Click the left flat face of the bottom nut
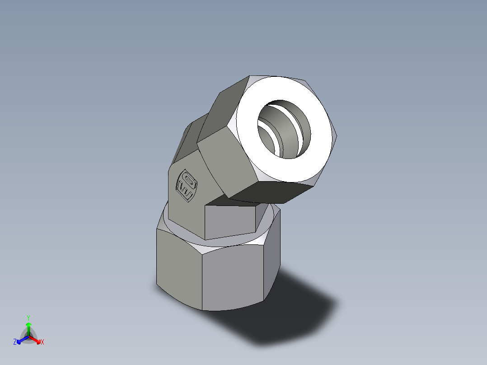[178, 267]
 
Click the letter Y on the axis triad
[28, 317]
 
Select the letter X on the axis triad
[42, 342]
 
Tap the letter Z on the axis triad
[15, 342]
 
